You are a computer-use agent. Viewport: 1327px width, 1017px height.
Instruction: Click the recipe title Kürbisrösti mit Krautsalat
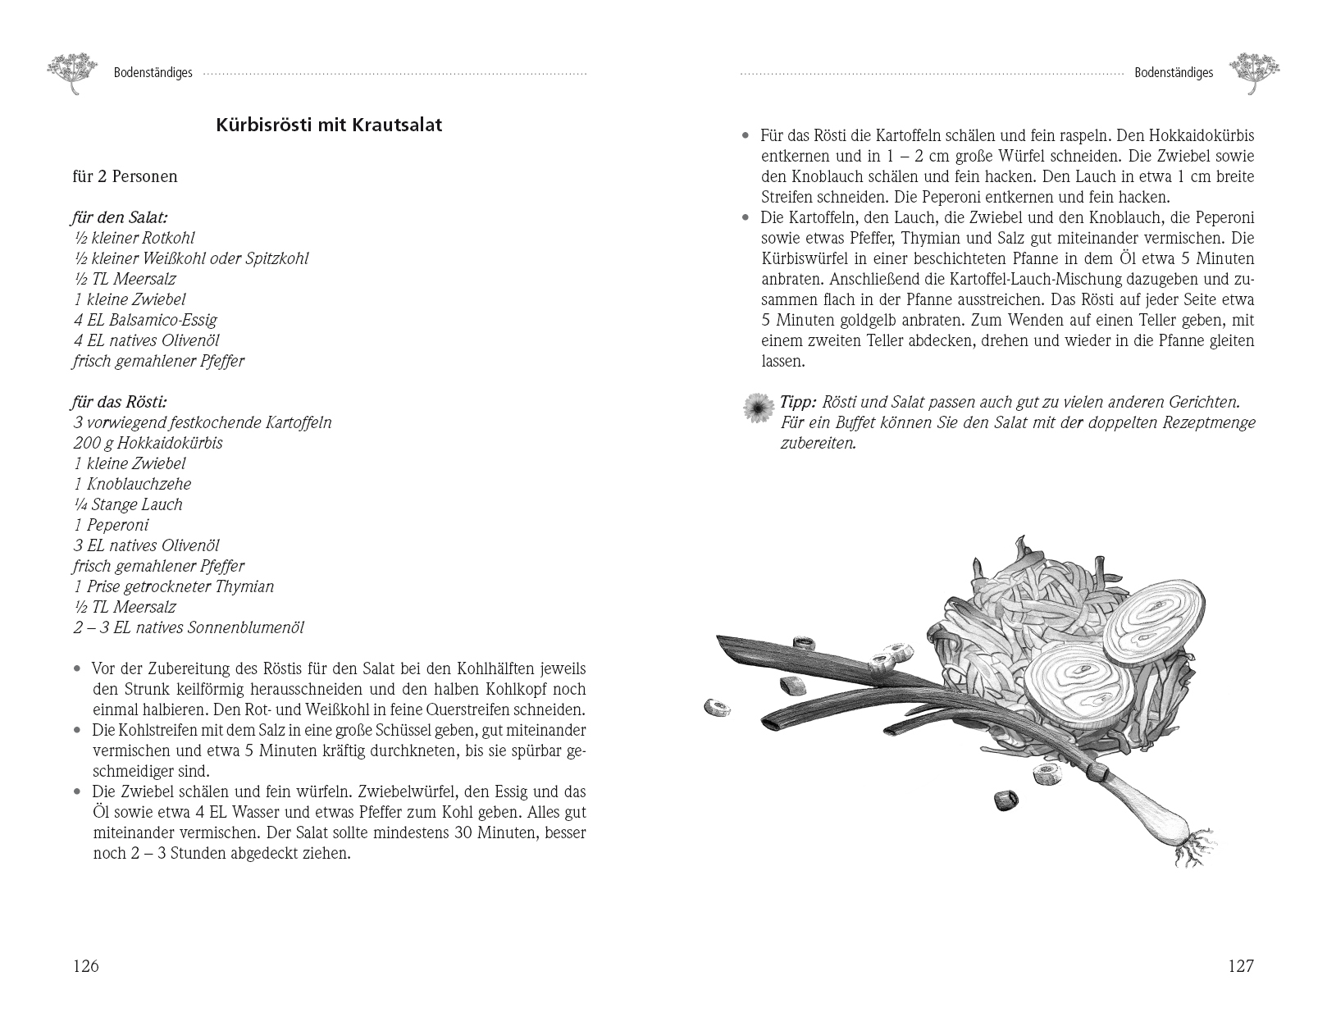tap(329, 125)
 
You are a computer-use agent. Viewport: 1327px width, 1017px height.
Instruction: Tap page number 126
tap(85, 966)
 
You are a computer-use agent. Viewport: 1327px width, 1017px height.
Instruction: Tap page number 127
tap(1240, 966)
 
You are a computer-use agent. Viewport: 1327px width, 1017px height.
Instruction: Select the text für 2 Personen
tap(125, 176)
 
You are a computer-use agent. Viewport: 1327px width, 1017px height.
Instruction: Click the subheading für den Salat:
tap(120, 217)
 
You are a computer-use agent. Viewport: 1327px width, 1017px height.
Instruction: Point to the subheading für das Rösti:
tap(120, 402)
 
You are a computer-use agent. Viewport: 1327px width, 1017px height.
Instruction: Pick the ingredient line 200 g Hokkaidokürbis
tap(148, 443)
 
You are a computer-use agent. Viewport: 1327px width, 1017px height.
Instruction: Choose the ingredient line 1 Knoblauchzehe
tap(132, 484)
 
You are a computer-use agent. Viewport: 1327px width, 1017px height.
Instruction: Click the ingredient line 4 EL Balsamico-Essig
tap(145, 320)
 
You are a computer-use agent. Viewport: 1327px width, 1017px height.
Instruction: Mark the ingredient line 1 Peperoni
tap(112, 525)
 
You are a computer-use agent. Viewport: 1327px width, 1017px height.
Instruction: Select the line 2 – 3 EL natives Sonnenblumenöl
tap(189, 627)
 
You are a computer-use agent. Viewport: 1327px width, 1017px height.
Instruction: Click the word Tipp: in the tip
tap(798, 403)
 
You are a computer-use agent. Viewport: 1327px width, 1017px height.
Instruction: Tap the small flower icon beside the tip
tap(758, 407)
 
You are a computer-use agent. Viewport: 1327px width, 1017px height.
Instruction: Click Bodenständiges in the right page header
tap(1173, 73)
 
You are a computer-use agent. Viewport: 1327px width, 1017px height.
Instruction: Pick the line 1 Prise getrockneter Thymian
tap(174, 586)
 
